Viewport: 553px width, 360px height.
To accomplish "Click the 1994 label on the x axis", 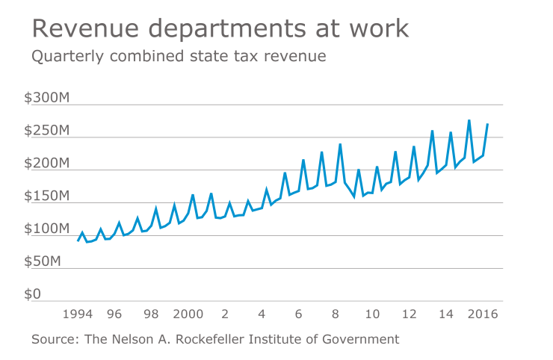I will (x=78, y=314).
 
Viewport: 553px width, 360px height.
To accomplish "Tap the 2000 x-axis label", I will (x=188, y=314).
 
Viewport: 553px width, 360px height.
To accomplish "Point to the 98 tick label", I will (x=151, y=314).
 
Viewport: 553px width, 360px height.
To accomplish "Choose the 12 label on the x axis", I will (x=409, y=314).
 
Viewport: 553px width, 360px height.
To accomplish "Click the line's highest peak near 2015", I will (x=469, y=120).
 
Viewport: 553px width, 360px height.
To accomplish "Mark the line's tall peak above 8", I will (x=340, y=144).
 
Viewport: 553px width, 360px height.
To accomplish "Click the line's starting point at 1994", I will (x=78, y=240).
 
